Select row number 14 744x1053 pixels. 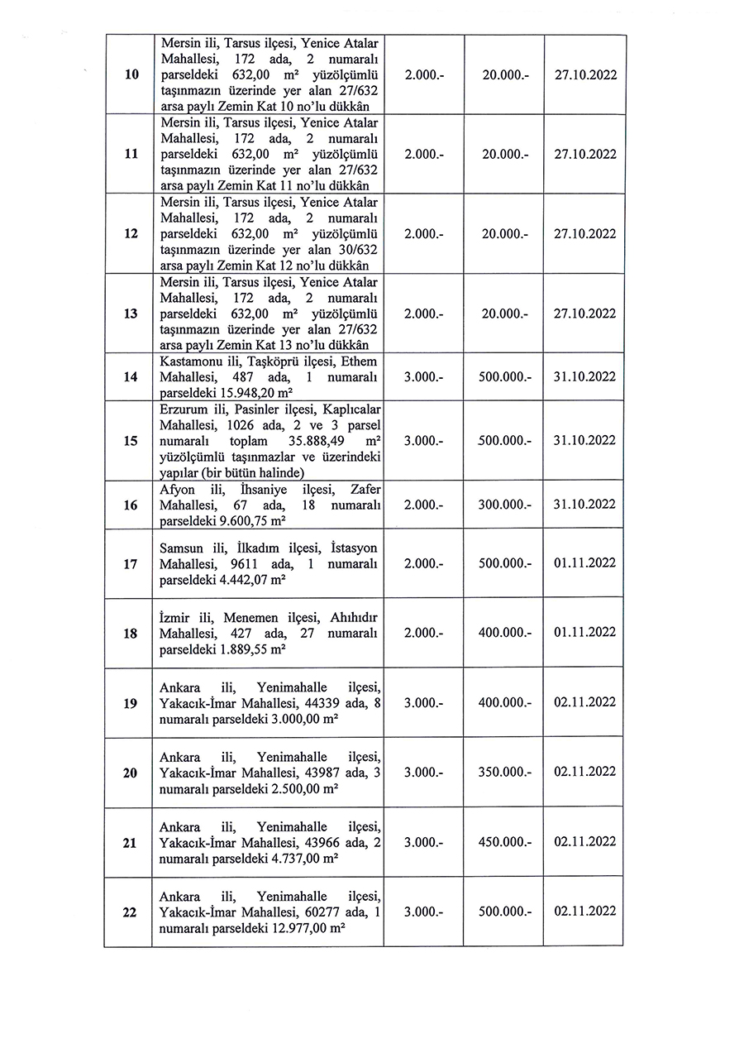tap(130, 377)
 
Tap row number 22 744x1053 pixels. tap(130, 912)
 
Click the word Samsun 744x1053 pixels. tap(180, 547)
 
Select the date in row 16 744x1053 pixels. tap(584, 505)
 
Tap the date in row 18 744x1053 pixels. tap(584, 633)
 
